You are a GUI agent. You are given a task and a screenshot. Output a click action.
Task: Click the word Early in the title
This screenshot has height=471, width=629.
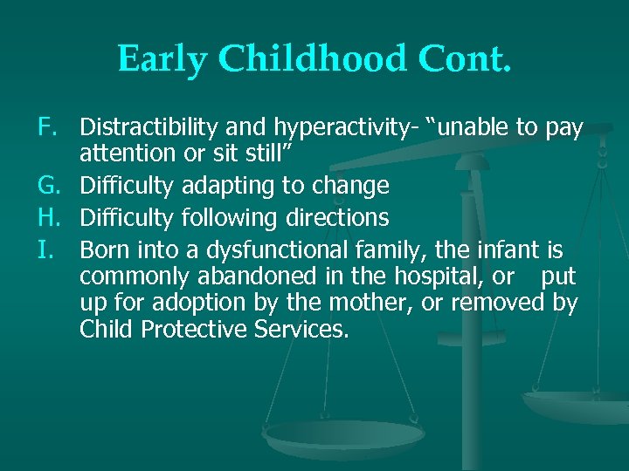click(162, 58)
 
